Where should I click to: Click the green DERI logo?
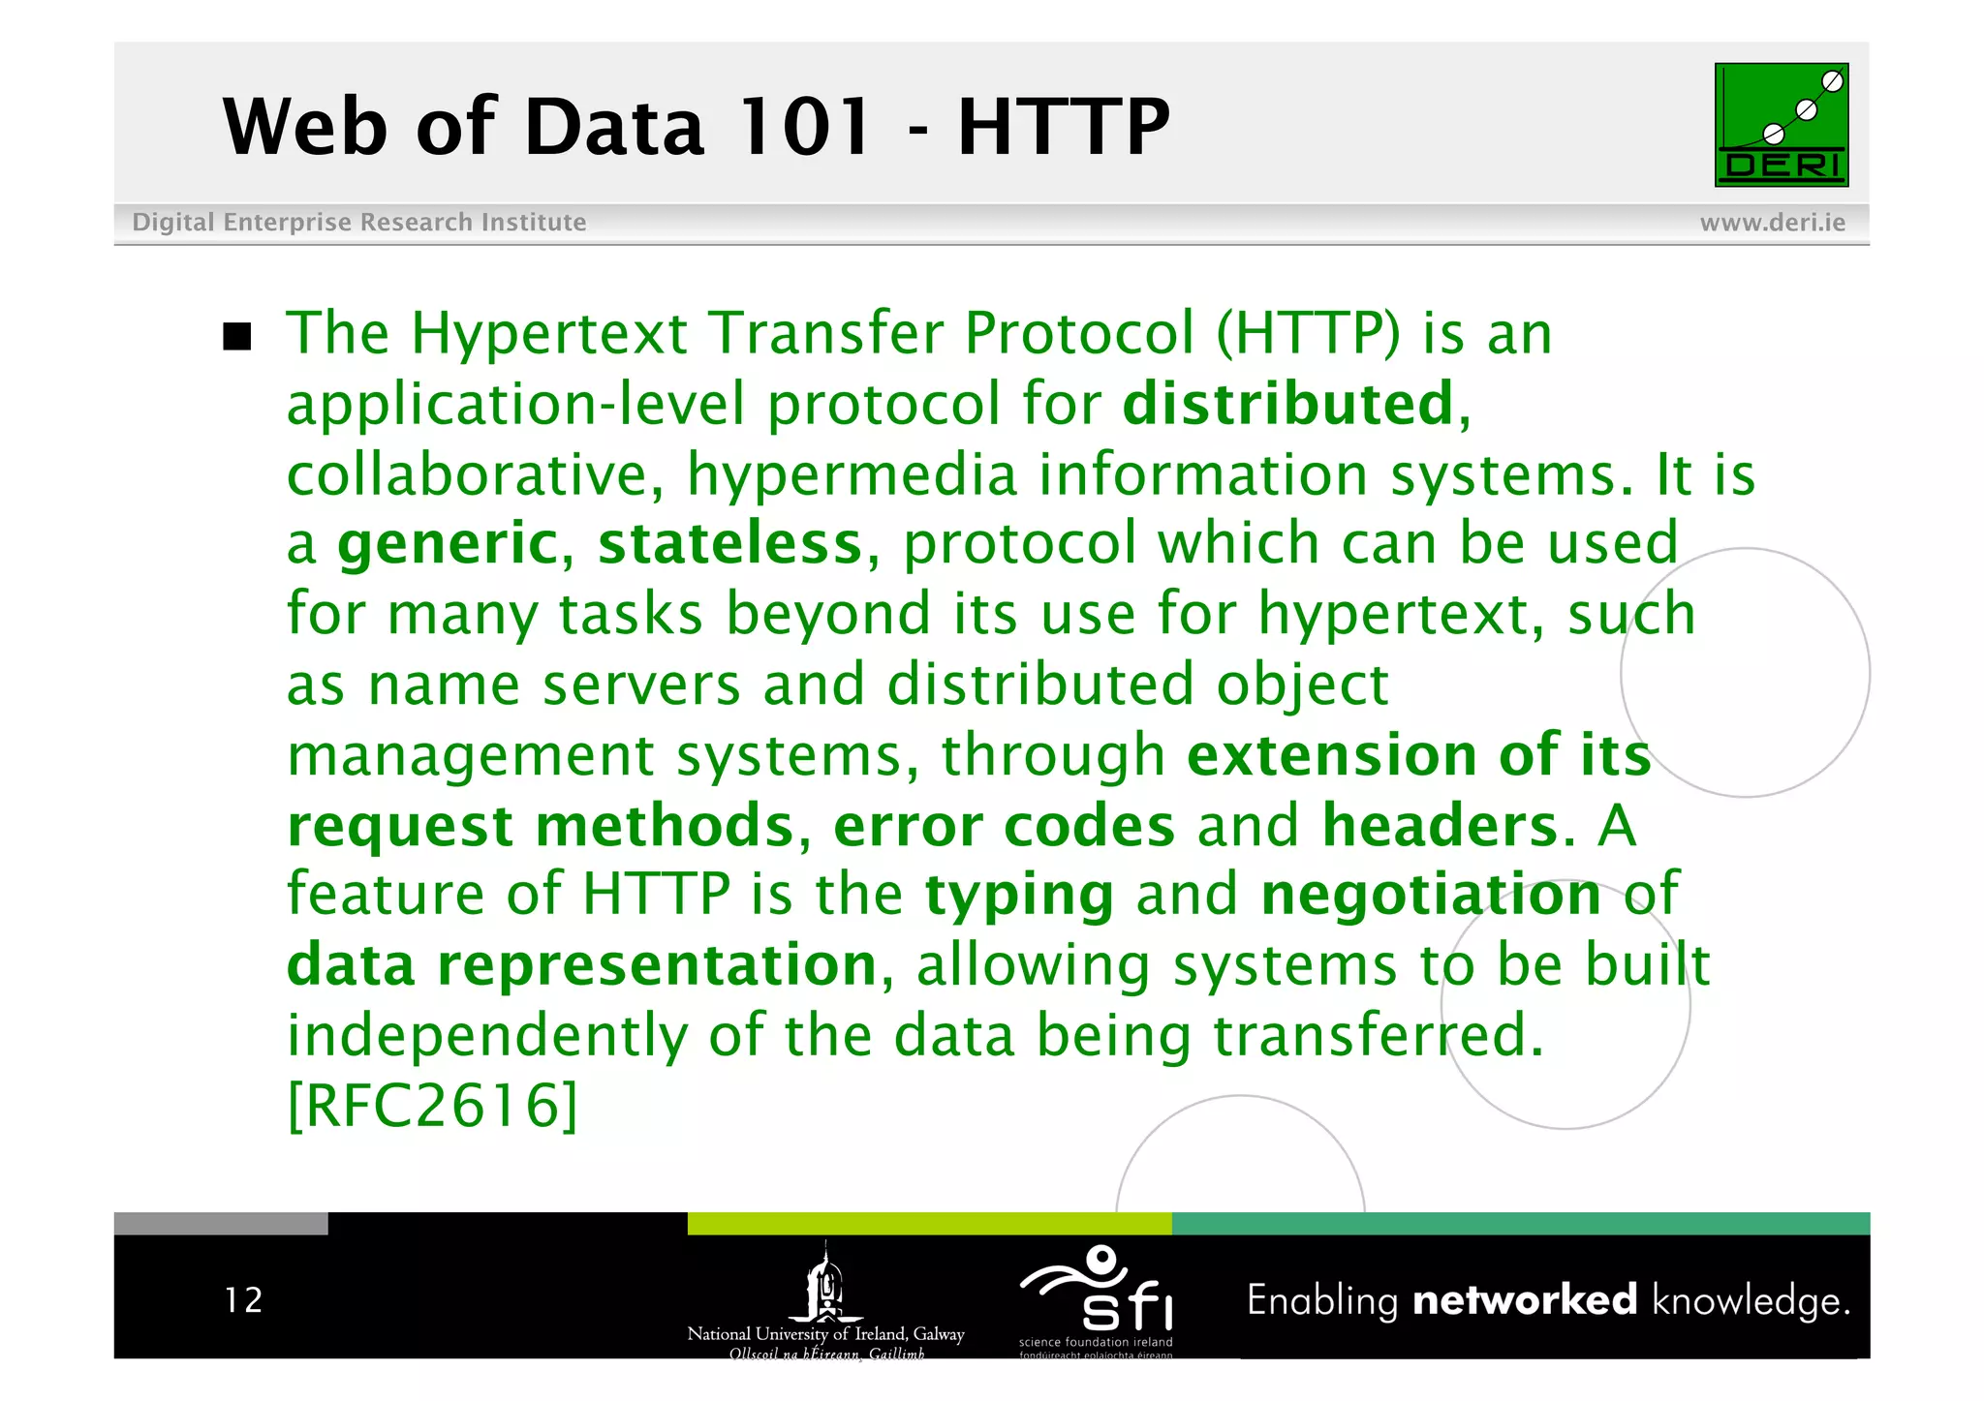1781,125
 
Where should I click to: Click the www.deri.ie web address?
1772,223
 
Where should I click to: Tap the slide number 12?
243,1300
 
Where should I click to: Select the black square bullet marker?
237,337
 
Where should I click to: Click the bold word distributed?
1287,404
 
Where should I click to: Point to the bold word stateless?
729,543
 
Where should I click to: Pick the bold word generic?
448,545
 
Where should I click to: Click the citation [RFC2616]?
433,1105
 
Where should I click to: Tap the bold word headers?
1440,826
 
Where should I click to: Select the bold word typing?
1019,896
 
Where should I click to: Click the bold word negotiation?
1431,894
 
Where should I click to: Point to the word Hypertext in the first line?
548,335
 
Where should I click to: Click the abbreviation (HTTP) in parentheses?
1308,334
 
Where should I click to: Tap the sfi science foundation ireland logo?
1097,1298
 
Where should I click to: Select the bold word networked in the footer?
1525,1299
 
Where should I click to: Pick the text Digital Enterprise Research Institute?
358,223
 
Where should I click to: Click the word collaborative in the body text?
475,474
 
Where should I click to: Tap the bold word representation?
657,965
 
